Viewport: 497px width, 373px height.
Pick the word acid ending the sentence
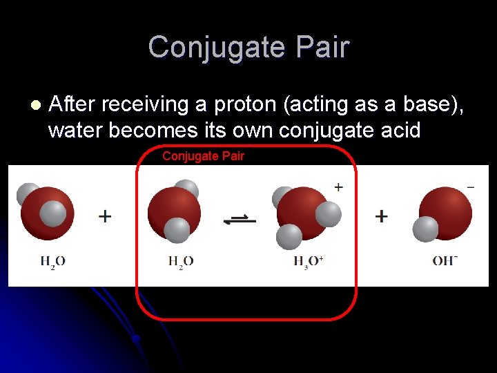[x=397, y=130]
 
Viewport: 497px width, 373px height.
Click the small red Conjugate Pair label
[x=203, y=156]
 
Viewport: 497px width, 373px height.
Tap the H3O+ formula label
[x=308, y=261]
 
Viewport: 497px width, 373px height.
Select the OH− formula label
[x=445, y=260]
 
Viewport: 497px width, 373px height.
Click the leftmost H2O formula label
[x=52, y=261]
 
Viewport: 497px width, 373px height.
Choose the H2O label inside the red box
[x=181, y=261]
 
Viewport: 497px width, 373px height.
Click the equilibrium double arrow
[x=240, y=220]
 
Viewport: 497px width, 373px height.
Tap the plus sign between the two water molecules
[x=105, y=216]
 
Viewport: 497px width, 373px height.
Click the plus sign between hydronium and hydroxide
[x=381, y=216]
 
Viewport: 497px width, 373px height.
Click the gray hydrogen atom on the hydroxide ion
[x=425, y=229]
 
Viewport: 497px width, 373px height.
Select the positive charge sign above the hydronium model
[x=338, y=186]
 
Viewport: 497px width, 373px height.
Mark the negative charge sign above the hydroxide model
[x=470, y=186]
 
